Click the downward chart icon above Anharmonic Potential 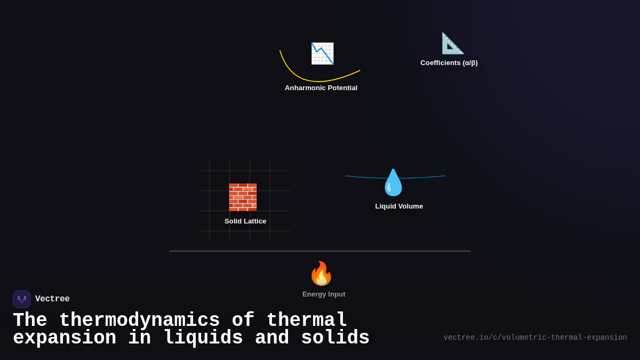(x=322, y=53)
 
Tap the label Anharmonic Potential (x=321, y=88)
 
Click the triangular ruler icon (x=452, y=43)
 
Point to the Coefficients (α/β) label (x=449, y=63)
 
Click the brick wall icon (x=243, y=197)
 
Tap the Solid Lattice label (x=245, y=221)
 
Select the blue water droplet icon (x=394, y=183)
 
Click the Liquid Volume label (x=399, y=206)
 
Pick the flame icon (x=321, y=274)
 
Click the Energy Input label (x=324, y=294)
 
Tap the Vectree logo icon (x=22, y=299)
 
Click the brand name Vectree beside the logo (x=52, y=299)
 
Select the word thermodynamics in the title (x=139, y=321)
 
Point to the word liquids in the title (x=202, y=338)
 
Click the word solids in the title (x=335, y=338)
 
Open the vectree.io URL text (x=535, y=338)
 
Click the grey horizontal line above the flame (x=320, y=251)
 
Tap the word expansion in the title (x=65, y=338)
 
